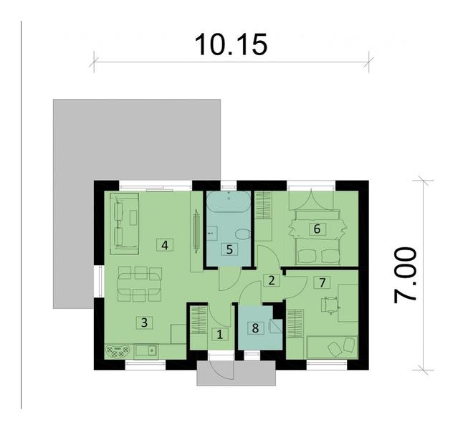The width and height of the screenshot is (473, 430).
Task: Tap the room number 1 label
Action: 220,333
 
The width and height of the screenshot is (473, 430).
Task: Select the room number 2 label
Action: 271,279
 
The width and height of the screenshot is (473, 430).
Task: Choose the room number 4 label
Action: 165,244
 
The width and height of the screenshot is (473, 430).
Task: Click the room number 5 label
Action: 229,249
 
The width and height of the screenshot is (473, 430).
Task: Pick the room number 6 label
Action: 315,229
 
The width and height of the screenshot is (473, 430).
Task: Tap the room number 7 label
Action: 322,282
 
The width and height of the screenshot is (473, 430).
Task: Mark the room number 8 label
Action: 254,328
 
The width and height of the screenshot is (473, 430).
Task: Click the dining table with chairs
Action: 140,284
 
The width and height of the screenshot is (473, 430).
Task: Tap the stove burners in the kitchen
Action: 117,351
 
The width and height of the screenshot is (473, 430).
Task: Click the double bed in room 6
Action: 315,229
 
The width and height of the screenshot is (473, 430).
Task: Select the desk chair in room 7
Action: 330,304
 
